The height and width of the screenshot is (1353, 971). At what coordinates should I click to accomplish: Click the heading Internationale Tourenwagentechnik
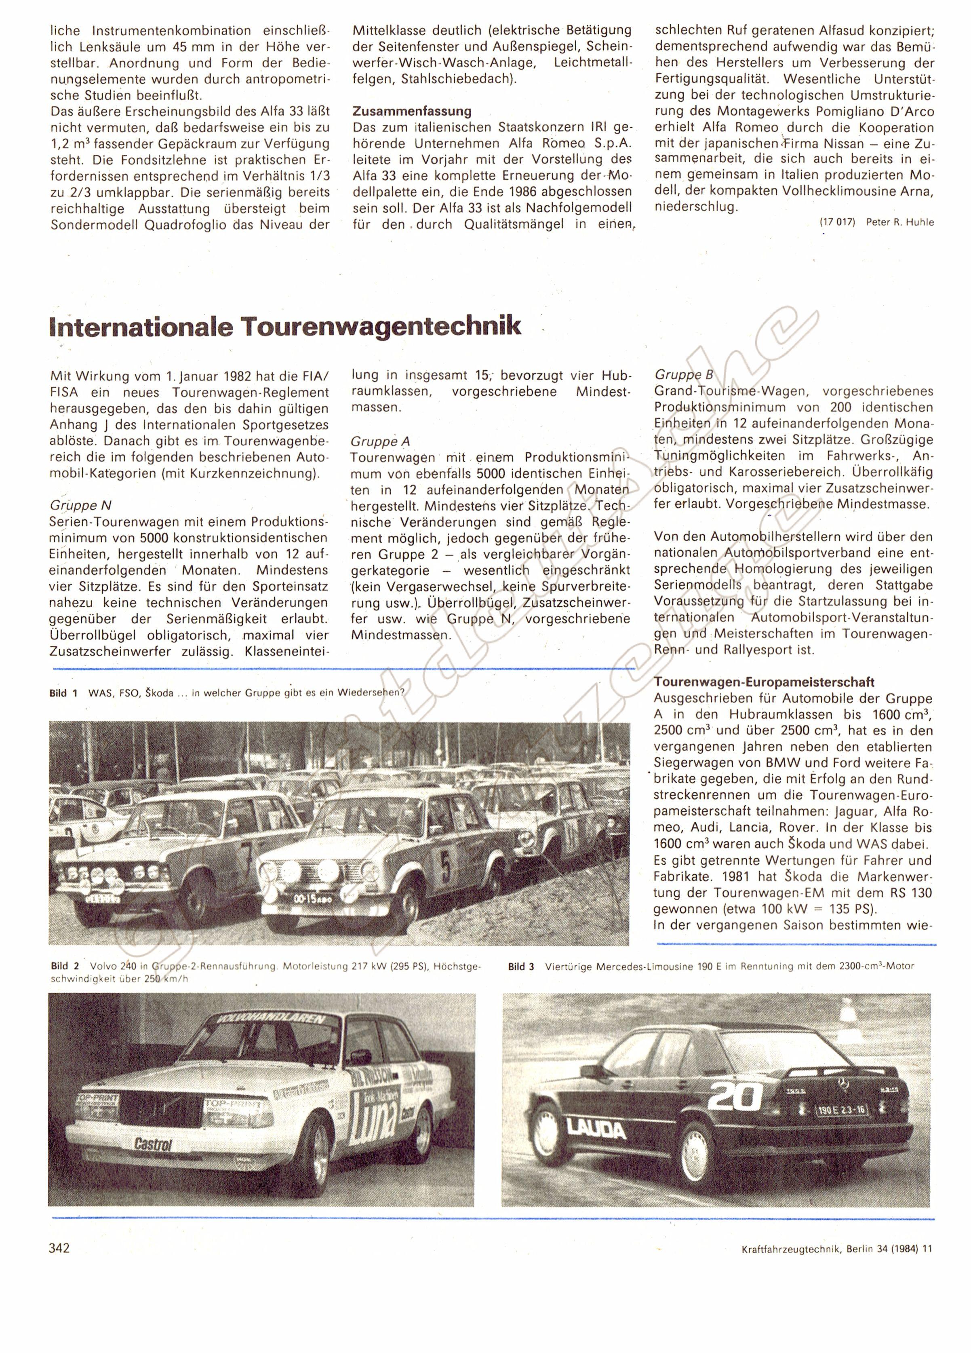[x=286, y=326]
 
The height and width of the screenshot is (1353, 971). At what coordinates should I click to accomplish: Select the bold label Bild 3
[x=521, y=966]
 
